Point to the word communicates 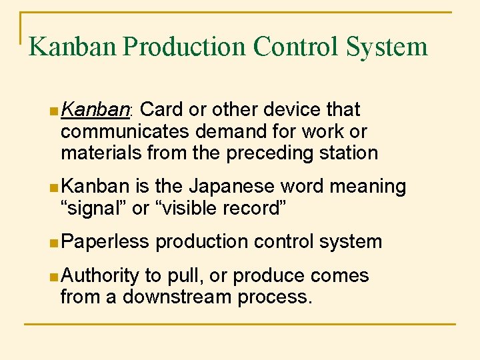click(x=122, y=131)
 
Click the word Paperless click(x=105, y=241)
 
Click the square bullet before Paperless click(x=53, y=242)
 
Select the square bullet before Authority click(x=53, y=276)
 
